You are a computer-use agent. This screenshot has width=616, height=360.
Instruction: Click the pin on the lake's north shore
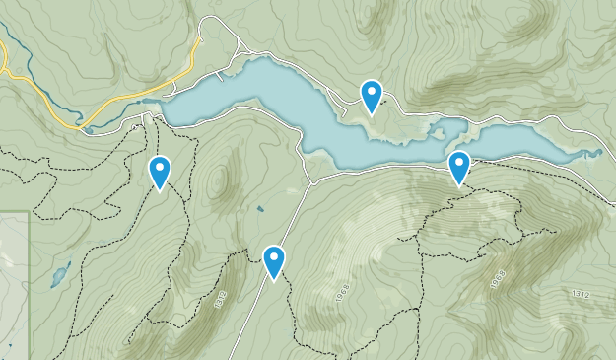371,96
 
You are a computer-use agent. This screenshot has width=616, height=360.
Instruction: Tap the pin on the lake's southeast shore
459,168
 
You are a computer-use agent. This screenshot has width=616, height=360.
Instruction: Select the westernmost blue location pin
159,172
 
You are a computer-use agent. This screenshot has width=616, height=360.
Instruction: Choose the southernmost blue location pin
274,261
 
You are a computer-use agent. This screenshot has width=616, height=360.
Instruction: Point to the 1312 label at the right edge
582,294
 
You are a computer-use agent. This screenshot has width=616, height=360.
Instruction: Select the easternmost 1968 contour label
497,279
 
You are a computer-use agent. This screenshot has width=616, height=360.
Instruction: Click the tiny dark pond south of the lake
259,209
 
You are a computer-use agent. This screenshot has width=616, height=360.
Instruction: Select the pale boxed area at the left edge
13,276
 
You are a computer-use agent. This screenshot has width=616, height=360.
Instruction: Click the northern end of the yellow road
200,41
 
